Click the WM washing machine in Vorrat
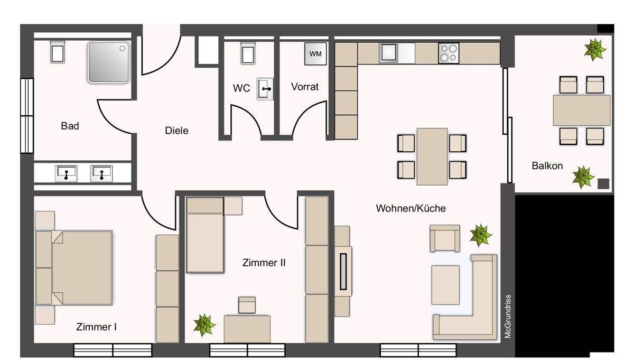(315, 54)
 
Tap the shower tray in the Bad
(109, 62)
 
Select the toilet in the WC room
(247, 53)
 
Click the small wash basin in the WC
(265, 89)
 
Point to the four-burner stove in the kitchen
(449, 53)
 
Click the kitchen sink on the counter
(389, 53)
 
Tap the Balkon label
(547, 165)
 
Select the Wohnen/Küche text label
(411, 208)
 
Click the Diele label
(176, 131)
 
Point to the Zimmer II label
(264, 262)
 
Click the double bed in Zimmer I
(74, 267)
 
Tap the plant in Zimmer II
(204, 324)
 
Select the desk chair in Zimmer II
(247, 305)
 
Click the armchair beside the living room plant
(444, 238)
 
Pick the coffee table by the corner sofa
(445, 284)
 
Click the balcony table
(581, 110)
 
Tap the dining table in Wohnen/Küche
(432, 156)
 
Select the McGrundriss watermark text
(507, 316)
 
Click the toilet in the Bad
(57, 52)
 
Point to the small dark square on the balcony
(603, 183)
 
